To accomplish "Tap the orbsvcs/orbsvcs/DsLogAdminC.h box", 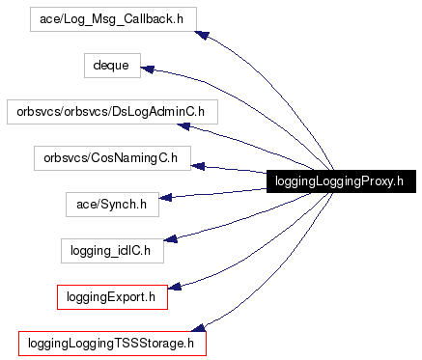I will [x=111, y=112].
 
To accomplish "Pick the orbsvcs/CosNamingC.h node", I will [x=111, y=157].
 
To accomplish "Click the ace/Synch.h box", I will [x=111, y=204].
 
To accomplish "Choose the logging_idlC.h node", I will [x=111, y=250].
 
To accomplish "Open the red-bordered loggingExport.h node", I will [x=113, y=296].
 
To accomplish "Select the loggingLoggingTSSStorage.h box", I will [x=113, y=343].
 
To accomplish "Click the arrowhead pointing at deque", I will [x=148, y=69].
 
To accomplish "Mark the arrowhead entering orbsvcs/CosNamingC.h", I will [x=198, y=166].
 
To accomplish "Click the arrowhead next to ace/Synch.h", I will [x=165, y=198].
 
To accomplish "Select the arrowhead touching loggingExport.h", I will [x=176, y=284].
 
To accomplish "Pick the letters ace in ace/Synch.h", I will [x=84, y=204].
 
